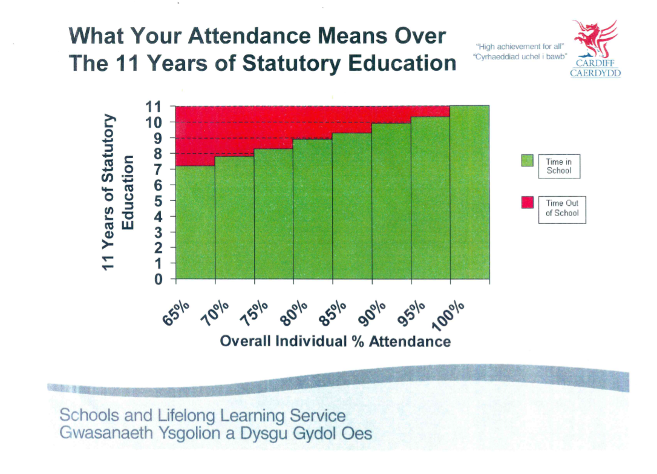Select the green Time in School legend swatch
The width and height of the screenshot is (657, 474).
coord(527,161)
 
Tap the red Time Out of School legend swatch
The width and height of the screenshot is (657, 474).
coord(527,203)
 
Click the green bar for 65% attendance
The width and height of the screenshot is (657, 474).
coord(195,224)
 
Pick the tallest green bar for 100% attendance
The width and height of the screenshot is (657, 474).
coord(469,194)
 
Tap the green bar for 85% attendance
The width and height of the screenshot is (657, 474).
coord(352,209)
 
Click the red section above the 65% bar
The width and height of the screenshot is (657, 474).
coord(195,136)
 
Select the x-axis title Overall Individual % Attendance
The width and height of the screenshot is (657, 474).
coord(335,341)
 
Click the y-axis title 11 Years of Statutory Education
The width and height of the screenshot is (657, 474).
coord(119,193)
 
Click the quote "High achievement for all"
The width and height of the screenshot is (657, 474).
coord(521,46)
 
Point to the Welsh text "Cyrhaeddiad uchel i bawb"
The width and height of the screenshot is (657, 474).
coord(520,56)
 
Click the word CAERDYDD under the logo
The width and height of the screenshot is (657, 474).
coord(595,73)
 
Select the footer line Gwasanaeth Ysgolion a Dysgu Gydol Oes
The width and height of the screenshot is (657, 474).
coord(216,433)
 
